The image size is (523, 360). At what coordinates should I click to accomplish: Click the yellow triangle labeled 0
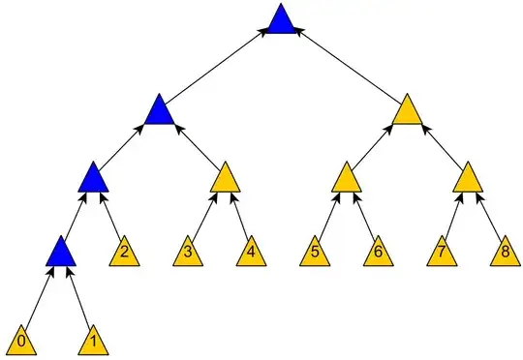pos(21,342)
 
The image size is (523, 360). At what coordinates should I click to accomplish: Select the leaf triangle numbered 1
pos(92,342)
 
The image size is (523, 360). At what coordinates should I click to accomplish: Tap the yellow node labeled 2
pos(123,255)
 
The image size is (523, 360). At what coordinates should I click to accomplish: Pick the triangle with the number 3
pos(188,255)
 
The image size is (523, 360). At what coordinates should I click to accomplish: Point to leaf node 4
pos(251,255)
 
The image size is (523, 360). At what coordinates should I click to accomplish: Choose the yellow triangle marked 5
pos(316,255)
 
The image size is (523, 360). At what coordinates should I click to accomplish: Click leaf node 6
pos(377,255)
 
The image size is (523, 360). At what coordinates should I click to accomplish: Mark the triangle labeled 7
pos(442,255)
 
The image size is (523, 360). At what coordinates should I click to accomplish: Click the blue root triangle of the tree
pos(281,21)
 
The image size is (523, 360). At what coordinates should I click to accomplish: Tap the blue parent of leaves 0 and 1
pos(60,254)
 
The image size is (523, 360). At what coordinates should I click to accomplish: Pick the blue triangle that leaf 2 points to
pos(92,178)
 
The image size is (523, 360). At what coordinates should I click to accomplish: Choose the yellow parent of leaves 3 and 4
pos(225,178)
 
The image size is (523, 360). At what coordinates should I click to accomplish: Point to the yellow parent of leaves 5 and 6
pos(346,178)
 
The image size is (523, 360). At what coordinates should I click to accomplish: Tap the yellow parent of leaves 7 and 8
pos(468,178)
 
